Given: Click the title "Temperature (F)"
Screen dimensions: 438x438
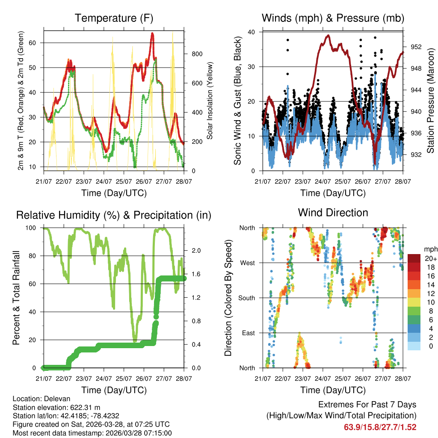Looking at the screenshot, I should click(114, 18).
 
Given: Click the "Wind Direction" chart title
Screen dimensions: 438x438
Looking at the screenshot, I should click(333, 213).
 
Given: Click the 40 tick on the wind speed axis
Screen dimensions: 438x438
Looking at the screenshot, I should click(252, 32).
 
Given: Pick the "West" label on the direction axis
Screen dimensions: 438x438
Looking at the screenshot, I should click(246, 263).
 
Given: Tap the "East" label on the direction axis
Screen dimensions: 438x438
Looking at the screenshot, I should click(247, 333).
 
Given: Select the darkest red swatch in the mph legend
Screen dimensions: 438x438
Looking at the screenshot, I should click(414, 258).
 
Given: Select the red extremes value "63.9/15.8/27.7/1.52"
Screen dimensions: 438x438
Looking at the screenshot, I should click(380, 427).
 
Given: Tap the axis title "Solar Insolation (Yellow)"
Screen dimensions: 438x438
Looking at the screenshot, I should click(210, 101).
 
